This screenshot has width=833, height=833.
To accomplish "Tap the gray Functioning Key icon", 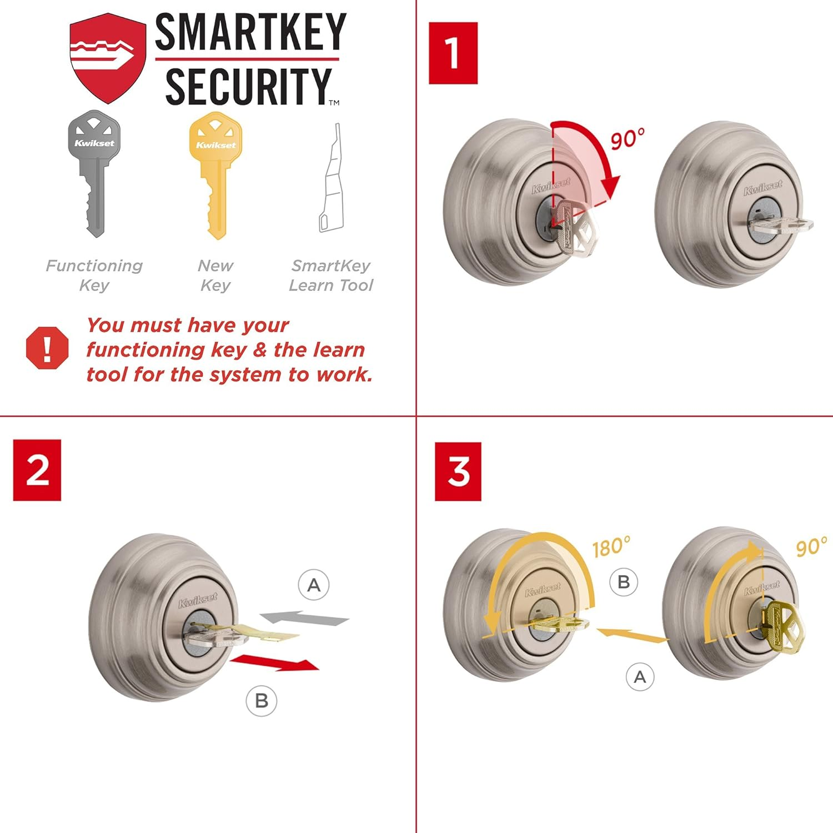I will click(94, 172).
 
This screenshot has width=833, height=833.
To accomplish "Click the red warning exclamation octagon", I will click(47, 348).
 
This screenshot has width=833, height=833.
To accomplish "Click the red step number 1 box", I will click(453, 53).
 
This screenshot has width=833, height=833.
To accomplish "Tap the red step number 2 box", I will click(37, 470).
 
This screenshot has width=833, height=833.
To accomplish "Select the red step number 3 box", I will click(458, 471).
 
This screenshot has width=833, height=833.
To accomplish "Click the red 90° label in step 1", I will click(628, 139).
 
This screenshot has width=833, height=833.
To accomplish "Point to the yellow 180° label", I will click(611, 548).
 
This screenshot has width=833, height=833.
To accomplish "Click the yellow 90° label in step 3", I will click(811, 547).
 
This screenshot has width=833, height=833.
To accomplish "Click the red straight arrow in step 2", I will click(275, 662).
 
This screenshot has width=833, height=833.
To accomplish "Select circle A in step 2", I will click(314, 585).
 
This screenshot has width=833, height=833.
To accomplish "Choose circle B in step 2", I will click(262, 701).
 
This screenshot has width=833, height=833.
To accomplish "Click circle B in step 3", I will click(624, 582).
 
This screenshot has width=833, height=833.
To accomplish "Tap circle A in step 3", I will click(640, 677).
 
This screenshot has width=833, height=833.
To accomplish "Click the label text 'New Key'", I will click(215, 275).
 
